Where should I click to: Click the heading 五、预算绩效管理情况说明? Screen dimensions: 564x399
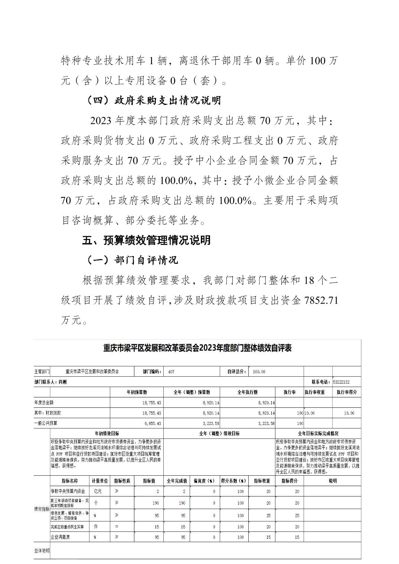[x=146, y=240]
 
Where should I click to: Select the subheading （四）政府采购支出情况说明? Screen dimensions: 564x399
[x=154, y=101]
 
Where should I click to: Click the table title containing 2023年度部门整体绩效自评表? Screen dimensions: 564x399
[x=197, y=348]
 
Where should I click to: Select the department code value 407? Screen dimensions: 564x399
[x=171, y=371]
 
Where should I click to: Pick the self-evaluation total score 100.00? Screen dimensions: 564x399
[x=259, y=371]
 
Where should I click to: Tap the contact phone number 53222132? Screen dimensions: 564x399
[x=341, y=382]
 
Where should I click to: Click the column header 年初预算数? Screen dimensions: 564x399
[x=137, y=392]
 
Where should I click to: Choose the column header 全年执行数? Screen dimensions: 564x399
[x=247, y=392]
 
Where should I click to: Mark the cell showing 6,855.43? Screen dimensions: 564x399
[x=151, y=423]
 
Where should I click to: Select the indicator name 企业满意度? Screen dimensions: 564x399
[x=60, y=537]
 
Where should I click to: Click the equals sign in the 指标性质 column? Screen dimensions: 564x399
[x=117, y=527]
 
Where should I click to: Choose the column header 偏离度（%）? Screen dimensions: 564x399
[x=204, y=481]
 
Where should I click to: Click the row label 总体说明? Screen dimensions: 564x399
[x=41, y=551]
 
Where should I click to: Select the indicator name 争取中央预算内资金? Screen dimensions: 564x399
[x=68, y=491]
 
